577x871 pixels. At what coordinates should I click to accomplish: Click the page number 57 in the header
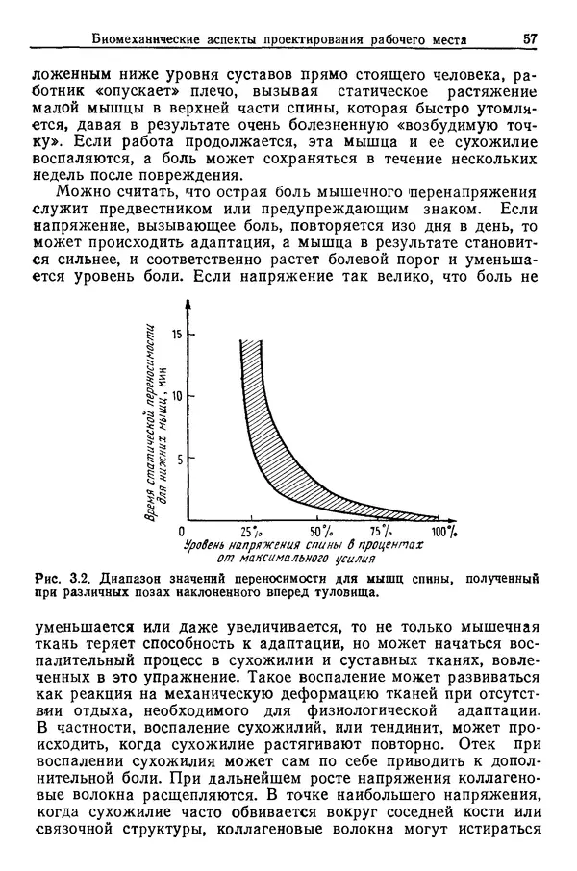pos(529,39)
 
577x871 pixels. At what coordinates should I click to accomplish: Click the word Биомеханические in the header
pos(146,39)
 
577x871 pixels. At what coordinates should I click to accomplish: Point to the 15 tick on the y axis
pos(176,335)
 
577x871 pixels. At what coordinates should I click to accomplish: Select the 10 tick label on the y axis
pos(176,396)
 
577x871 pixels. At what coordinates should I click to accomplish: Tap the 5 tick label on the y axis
pos(179,459)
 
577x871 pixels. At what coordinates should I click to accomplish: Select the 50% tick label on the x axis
pos(320,533)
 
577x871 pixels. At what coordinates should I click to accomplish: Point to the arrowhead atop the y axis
pos(188,304)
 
